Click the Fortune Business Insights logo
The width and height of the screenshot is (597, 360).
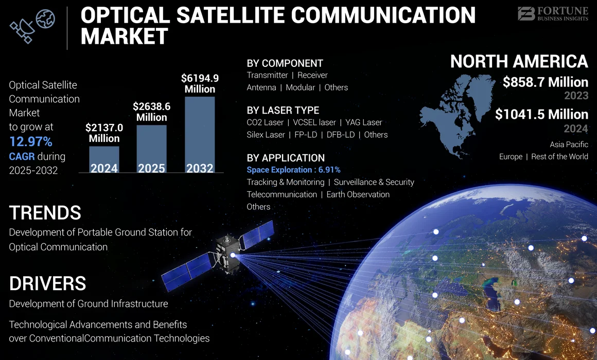tap(552, 14)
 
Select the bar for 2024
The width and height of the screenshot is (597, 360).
tap(104, 159)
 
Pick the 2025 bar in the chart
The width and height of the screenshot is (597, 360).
tap(151, 149)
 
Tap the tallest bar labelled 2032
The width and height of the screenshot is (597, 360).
tap(200, 134)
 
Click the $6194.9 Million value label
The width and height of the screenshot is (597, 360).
tap(200, 83)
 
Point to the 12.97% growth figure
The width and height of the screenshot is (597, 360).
tap(30, 141)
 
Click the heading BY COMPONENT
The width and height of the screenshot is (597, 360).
tap(285, 63)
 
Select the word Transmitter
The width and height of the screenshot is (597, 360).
tap(267, 75)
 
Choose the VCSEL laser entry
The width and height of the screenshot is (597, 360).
tap(314, 122)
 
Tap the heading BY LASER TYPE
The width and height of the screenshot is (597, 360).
tap(283, 110)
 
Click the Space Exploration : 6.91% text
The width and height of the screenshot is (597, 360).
tap(293, 170)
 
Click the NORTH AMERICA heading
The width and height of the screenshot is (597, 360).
tap(519, 62)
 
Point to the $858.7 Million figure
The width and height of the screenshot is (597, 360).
tap(545, 82)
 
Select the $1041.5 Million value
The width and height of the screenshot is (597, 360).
tap(541, 114)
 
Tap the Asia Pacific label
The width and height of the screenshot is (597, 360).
tap(569, 145)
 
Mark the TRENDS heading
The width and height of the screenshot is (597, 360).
tap(45, 212)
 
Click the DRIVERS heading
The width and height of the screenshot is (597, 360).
tap(47, 283)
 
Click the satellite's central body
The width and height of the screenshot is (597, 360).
tap(226, 254)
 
